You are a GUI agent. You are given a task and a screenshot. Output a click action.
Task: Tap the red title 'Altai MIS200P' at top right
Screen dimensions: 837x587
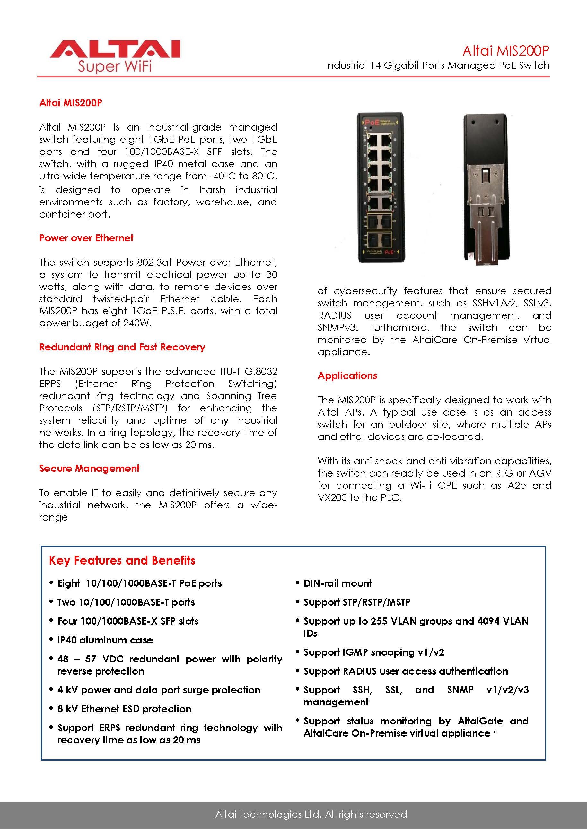tap(505, 51)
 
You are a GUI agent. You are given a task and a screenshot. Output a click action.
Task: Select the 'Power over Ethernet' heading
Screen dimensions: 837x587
tap(86, 238)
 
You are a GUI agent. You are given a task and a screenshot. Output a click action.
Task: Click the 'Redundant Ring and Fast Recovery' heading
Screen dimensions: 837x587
tap(122, 347)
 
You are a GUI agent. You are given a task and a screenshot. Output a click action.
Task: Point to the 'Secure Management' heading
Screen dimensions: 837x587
tap(89, 469)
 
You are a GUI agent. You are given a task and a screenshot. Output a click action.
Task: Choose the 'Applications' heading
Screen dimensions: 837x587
tap(347, 376)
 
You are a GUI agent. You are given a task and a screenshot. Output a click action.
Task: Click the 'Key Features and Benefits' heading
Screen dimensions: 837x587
tap(122, 560)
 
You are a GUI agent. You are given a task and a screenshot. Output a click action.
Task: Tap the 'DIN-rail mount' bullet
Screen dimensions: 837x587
tap(337, 583)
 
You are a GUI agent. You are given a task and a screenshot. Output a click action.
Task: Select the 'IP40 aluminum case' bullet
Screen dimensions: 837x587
tap(105, 640)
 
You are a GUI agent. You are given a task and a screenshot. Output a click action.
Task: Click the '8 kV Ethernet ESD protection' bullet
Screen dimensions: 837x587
tap(124, 709)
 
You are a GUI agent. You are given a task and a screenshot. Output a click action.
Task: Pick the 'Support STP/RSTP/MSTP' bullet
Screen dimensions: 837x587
tap(357, 602)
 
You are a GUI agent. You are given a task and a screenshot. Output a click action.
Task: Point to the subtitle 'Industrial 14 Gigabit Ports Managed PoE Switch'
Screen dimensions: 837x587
tap(437, 65)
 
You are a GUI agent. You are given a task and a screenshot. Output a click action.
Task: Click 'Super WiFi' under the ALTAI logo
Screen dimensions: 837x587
tap(115, 66)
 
